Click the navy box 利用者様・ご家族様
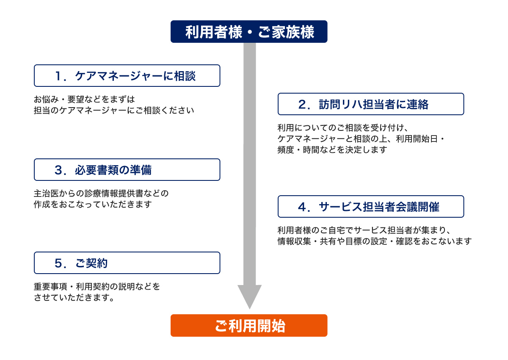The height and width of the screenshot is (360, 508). (x=249, y=31)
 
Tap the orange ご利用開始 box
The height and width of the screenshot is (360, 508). (x=249, y=325)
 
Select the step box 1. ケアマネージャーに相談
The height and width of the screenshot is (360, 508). (x=127, y=75)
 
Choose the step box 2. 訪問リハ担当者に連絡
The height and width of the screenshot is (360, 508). (x=371, y=104)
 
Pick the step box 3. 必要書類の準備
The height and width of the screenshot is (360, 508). (x=127, y=170)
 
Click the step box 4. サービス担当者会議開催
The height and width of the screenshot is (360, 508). (x=371, y=206)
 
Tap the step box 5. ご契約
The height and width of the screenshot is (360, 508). (x=127, y=263)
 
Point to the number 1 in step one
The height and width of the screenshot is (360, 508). (x=58, y=76)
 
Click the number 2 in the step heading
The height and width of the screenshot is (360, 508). (x=302, y=104)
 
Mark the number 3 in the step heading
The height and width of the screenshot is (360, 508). (x=58, y=170)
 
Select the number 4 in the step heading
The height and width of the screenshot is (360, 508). (x=302, y=207)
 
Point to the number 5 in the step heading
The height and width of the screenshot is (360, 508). (x=58, y=263)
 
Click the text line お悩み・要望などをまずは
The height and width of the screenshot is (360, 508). (x=84, y=100)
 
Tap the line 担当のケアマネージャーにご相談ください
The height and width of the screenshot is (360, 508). (x=114, y=110)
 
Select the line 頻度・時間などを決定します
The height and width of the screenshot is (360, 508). (x=332, y=150)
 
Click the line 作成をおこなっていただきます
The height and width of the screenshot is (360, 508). (x=93, y=205)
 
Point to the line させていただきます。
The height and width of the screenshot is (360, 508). (x=74, y=297)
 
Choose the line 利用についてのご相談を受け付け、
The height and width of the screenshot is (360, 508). (x=343, y=128)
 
